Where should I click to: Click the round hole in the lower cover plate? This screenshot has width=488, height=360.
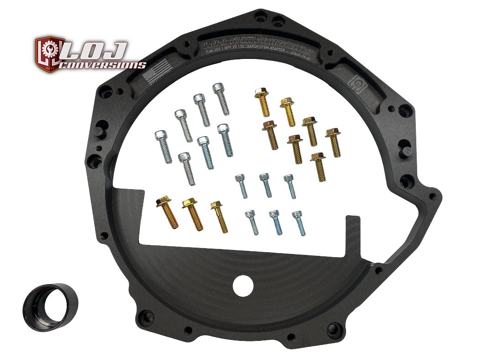[243, 286]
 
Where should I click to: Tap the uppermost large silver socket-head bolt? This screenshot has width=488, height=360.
[221, 99]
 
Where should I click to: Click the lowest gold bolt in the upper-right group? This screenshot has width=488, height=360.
[318, 167]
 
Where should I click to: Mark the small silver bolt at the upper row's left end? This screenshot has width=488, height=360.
[241, 185]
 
